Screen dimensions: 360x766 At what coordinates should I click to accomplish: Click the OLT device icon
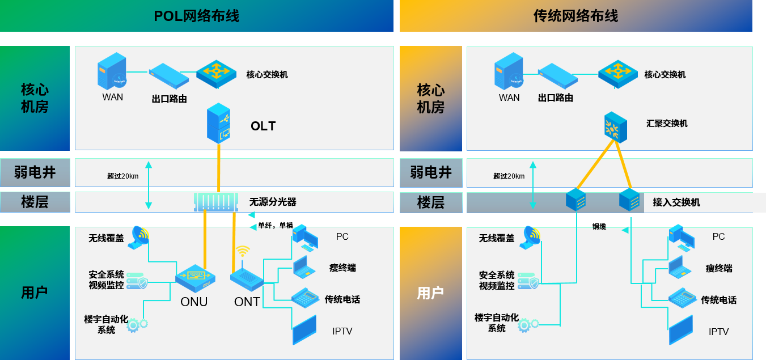[x=219, y=122]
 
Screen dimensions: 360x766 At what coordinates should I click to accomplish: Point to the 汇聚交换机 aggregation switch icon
[x=615, y=126]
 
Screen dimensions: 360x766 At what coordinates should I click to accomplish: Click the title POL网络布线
[x=197, y=16]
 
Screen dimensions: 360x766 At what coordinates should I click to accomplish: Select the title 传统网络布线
[x=575, y=16]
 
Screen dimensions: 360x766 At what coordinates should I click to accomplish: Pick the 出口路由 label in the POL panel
[x=169, y=99]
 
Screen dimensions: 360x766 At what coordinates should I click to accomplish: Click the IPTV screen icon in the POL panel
[x=304, y=330]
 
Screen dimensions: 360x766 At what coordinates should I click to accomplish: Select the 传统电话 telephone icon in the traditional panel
[x=682, y=298]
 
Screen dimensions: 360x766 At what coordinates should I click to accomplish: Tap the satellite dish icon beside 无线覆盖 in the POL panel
[x=139, y=237]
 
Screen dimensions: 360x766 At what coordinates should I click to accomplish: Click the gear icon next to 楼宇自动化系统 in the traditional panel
[x=527, y=325]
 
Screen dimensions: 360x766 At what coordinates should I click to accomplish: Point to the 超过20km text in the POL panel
[x=122, y=176]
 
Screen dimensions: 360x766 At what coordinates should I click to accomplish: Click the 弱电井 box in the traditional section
[x=431, y=172]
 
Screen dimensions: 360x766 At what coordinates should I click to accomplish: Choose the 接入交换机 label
[x=676, y=202]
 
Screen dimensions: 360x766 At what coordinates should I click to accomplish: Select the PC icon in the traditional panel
[x=681, y=237]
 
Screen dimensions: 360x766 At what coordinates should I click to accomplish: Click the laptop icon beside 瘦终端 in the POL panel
[x=304, y=267]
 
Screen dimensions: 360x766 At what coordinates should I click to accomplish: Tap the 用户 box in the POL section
[x=35, y=293]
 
